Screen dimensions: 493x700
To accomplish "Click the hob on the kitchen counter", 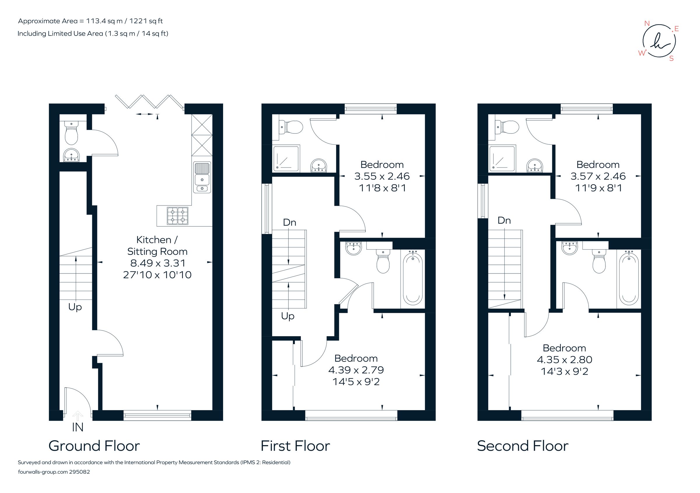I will tap(177, 216).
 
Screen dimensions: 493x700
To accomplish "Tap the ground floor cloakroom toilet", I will tap(71, 133).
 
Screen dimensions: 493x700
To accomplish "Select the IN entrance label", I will tap(78, 427).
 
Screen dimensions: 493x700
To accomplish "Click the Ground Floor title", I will tap(94, 446).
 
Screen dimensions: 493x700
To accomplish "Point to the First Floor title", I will tap(295, 446).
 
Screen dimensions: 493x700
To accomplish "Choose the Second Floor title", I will tap(523, 446).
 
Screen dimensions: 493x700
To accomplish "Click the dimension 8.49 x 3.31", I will tap(157, 263).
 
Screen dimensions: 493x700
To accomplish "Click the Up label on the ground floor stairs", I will tap(75, 307).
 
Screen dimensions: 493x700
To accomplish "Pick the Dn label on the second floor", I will tap(504, 220).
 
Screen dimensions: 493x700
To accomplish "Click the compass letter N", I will tap(647, 23).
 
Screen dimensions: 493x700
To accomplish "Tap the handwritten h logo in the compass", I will tap(659, 41).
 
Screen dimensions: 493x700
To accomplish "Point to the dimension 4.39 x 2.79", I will tap(356, 370).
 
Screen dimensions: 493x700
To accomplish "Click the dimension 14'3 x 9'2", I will tap(564, 371).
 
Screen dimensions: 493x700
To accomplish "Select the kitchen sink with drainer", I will tap(202, 177).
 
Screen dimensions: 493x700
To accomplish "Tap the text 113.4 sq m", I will tap(104, 21).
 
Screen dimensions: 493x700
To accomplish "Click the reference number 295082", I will tap(80, 472).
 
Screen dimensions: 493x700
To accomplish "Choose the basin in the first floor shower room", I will tap(318, 166).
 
